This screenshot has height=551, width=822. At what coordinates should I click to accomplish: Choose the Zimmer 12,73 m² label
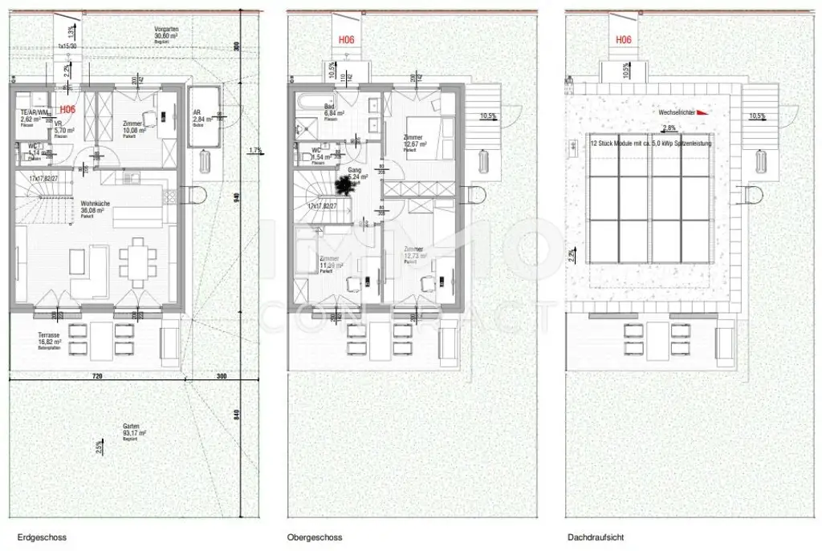[414, 253]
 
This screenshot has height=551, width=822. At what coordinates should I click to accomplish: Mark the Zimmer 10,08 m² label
[135, 128]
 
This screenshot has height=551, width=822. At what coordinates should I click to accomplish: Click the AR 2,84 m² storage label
[201, 116]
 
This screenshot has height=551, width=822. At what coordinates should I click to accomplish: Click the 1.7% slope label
[255, 150]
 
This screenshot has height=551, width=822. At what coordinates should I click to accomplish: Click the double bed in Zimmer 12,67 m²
[425, 133]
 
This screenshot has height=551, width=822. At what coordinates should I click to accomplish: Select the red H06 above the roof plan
[624, 39]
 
